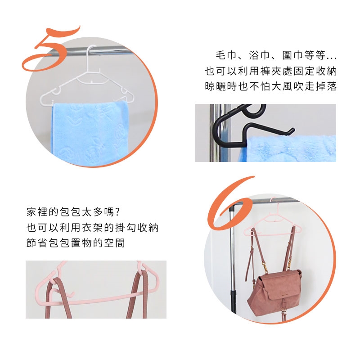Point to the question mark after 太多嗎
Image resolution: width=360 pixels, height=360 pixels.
coord(117,212)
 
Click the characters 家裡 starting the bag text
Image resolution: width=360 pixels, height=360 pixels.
coord(37,212)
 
